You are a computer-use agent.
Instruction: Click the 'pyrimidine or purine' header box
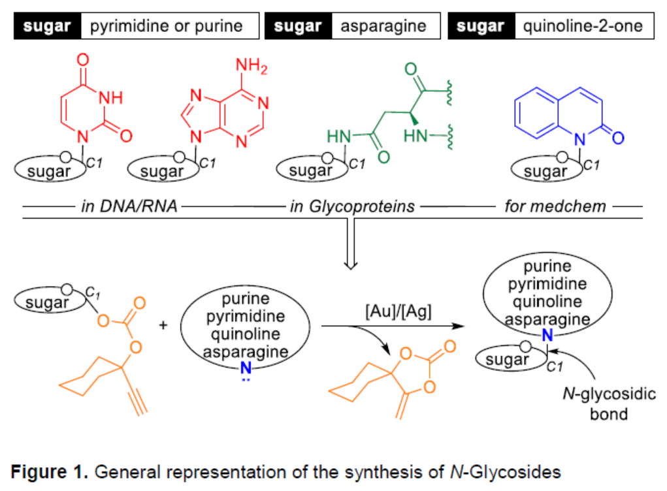pyautogui.click(x=166, y=27)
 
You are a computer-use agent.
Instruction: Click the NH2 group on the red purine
pyautogui.click(x=252, y=65)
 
